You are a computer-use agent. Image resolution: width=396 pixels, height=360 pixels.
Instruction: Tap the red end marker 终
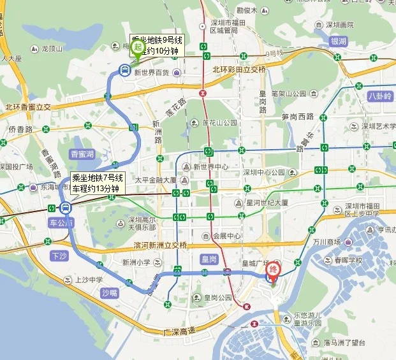[x=273, y=270]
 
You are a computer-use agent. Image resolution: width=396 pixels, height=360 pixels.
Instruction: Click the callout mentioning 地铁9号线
[x=156, y=47]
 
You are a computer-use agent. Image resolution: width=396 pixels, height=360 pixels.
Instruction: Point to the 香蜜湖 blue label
[x=82, y=154]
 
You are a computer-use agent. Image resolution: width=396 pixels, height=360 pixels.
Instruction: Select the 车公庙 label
[x=62, y=222]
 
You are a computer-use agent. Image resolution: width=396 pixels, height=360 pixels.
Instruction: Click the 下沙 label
[x=58, y=256]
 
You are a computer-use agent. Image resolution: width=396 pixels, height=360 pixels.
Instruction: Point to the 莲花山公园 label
[x=219, y=122]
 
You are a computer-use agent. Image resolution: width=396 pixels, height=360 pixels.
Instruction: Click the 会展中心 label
[x=227, y=235]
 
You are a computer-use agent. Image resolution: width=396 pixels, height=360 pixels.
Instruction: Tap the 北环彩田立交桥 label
[x=238, y=69]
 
